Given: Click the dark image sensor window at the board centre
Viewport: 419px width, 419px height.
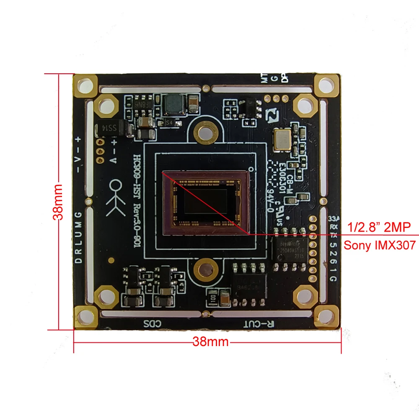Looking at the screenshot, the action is tap(205, 204).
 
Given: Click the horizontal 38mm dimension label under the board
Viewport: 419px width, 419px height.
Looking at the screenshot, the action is tap(210, 342).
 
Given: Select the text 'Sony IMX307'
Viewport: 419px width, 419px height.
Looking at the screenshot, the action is tap(380, 246).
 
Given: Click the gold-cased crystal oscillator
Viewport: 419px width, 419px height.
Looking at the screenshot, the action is tap(281, 139).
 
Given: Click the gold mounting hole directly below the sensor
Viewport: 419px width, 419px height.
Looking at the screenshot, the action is tap(205, 270).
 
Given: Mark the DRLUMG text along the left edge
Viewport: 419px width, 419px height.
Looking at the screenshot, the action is tap(78, 237).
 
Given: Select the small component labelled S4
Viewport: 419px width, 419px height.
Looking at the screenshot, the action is tap(169, 122).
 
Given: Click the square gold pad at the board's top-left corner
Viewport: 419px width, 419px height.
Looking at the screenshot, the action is tap(86, 85).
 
